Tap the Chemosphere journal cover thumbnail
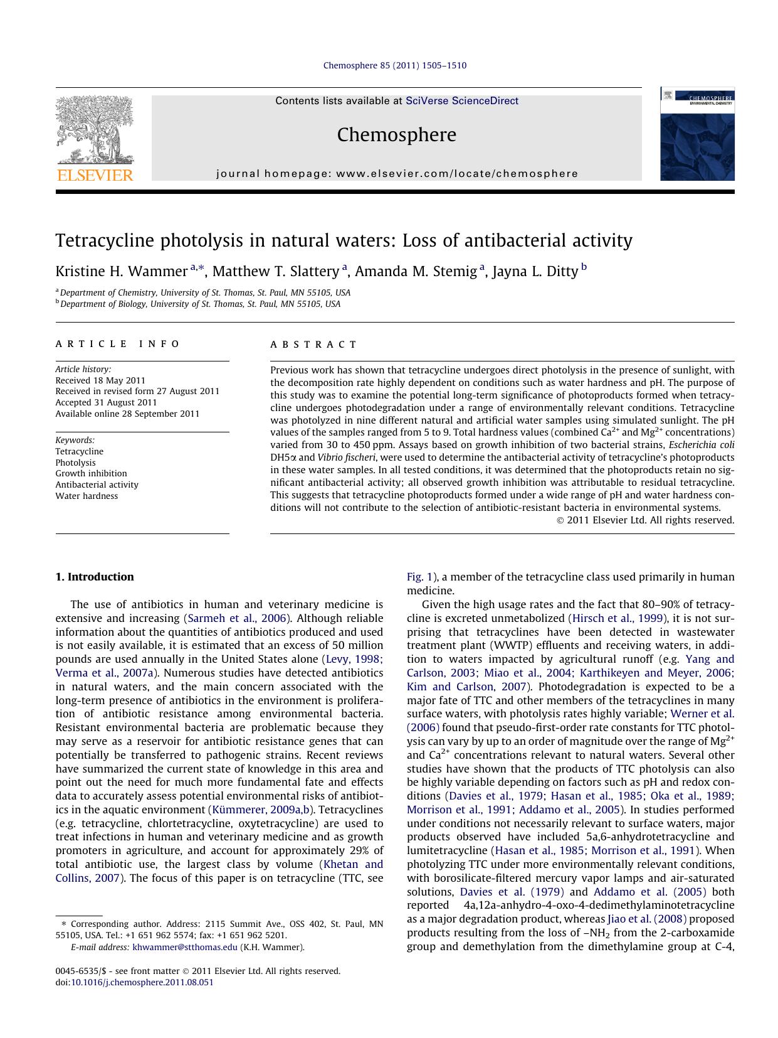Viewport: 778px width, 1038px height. tap(697, 134)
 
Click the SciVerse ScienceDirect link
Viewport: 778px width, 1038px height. tap(461, 101)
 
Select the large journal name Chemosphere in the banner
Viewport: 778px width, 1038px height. tap(396, 135)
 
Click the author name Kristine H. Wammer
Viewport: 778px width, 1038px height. tap(121, 272)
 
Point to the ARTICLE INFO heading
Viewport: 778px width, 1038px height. tap(117, 344)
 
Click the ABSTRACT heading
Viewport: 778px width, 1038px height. tap(313, 345)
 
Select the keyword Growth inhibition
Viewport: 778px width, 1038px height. tap(91, 474)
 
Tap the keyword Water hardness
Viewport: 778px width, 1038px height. tap(87, 496)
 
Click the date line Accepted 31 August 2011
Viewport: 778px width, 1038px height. tap(106, 403)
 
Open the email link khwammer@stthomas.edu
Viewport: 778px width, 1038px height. tap(185, 948)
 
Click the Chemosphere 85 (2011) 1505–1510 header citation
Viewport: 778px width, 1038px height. tap(394, 66)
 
